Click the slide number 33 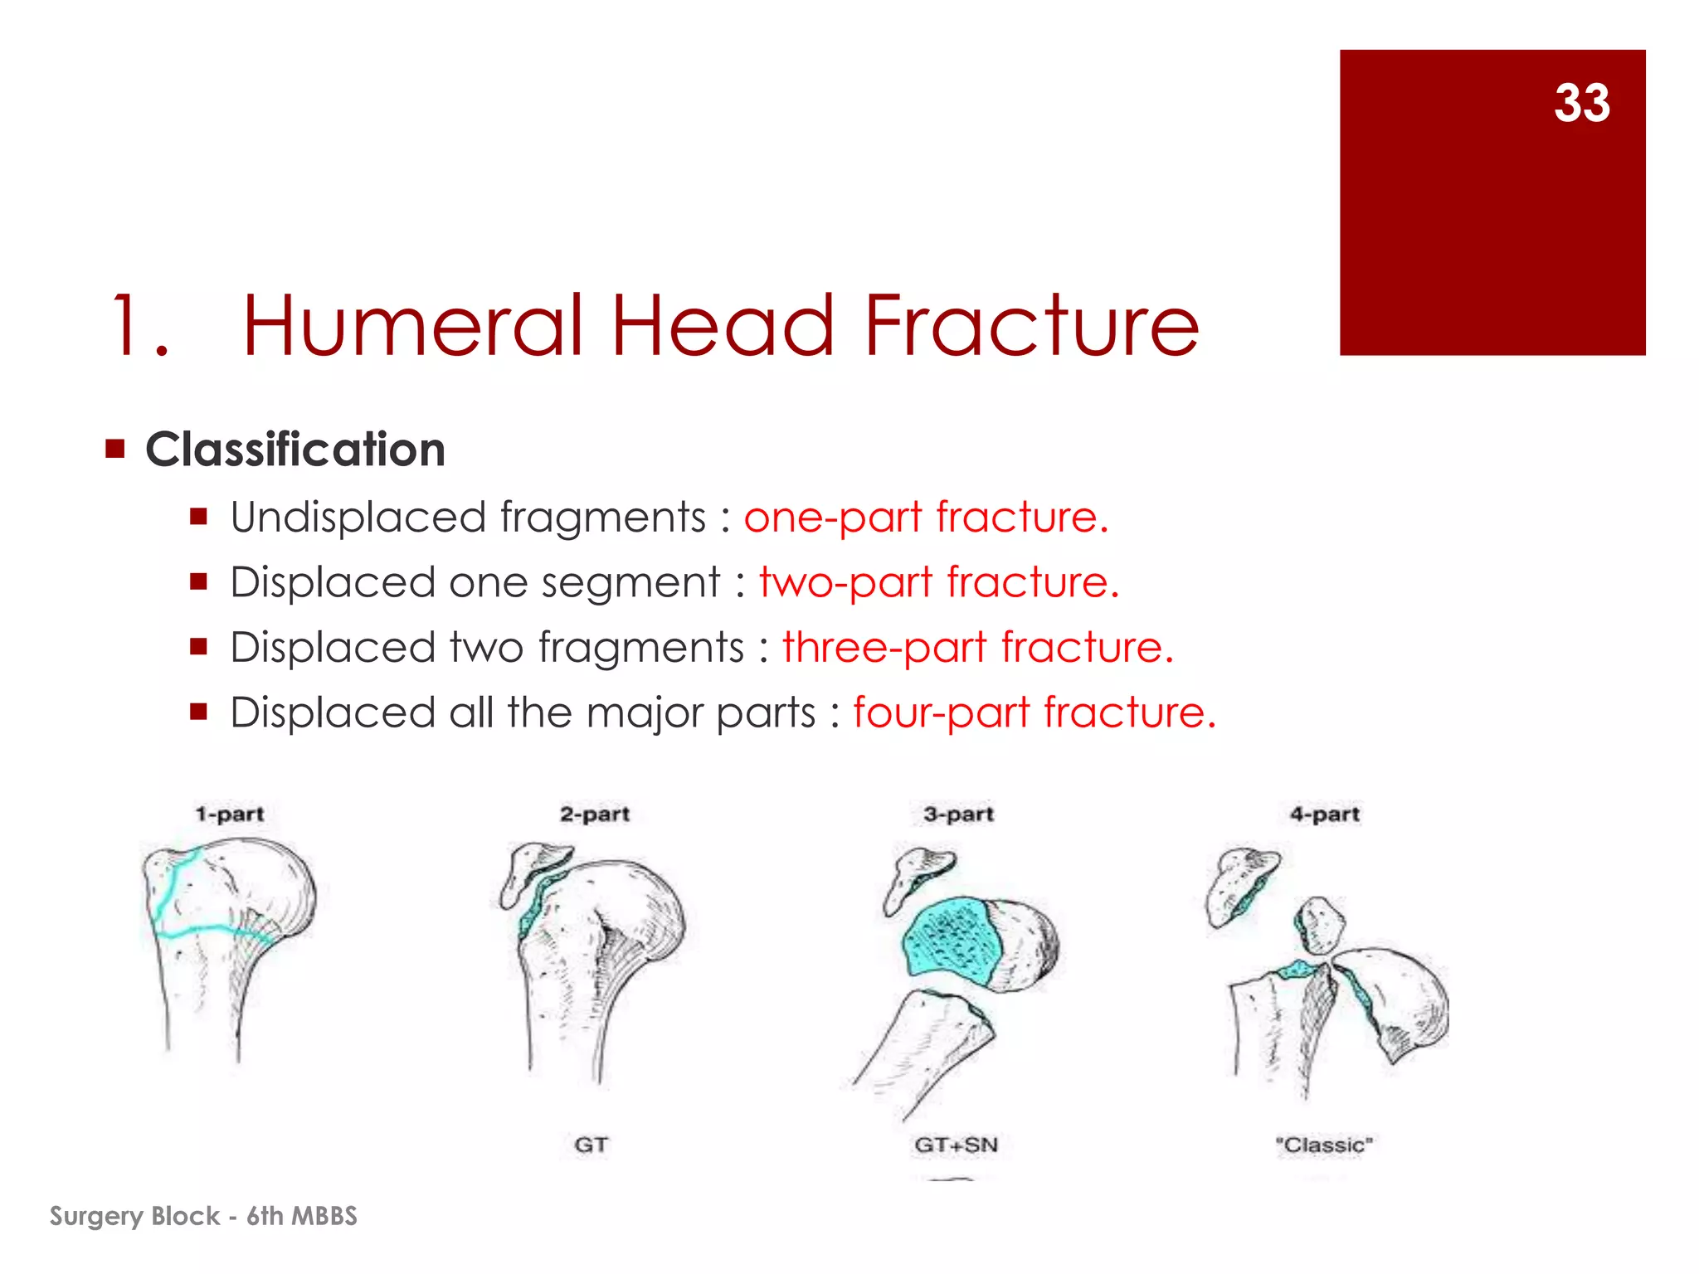pos(1581,103)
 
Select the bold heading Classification pos(295,450)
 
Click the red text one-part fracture pos(926,518)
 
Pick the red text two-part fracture pos(939,582)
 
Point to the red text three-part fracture pos(978,648)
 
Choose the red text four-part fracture pos(1034,712)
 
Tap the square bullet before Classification pos(115,450)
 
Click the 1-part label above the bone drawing pos(230,814)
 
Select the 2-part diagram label pos(595,814)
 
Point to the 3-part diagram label pos(958,814)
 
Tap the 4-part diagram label pos(1324,814)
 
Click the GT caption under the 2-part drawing pos(591,1145)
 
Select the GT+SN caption pos(956,1145)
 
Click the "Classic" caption pos(1324,1145)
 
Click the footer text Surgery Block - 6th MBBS pos(203,1216)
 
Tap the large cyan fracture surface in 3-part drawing pos(950,941)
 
